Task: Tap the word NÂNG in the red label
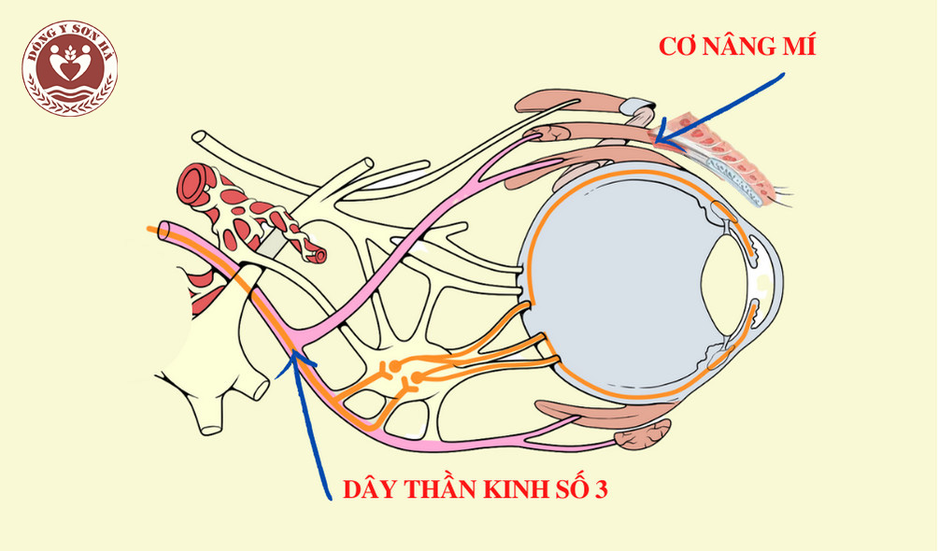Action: (739, 47)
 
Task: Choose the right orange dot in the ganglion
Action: (417, 377)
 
